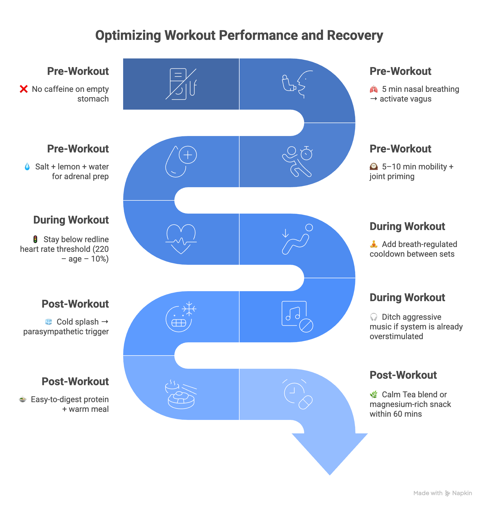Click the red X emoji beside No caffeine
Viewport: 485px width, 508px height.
24,89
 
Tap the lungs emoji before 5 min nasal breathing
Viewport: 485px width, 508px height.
374,89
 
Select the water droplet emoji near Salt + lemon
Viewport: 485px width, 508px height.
27,166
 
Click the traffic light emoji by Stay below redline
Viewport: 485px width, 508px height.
35,239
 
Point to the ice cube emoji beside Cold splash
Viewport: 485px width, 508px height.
48,322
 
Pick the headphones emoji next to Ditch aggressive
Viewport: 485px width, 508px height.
374,317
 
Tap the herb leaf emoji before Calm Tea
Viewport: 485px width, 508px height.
374,395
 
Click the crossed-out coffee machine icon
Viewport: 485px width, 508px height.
181,84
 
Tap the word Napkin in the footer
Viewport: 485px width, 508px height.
462,493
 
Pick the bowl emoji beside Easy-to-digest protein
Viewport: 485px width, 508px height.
23,399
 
